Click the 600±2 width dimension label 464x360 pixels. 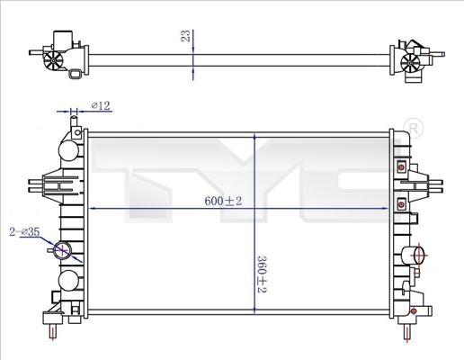tap(223, 201)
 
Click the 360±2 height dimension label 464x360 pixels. tap(262, 274)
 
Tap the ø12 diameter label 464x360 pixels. tap(101, 105)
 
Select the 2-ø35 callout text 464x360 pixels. tap(24, 232)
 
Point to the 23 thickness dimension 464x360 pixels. tap(186, 36)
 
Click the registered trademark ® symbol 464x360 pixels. tap(414, 128)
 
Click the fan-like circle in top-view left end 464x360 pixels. tap(53, 60)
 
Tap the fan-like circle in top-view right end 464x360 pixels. tap(410, 63)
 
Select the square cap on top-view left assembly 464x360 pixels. tap(63, 39)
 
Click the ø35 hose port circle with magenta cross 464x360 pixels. tap(62, 249)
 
